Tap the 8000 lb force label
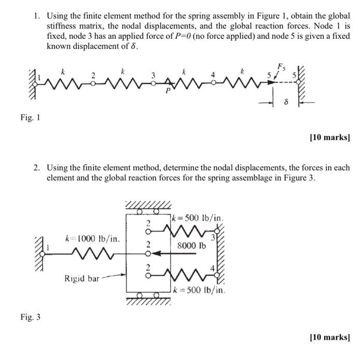pyautogui.click(x=191, y=245)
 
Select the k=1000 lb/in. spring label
pyautogui.click(x=93, y=239)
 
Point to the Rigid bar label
pyautogui.click(x=81, y=279)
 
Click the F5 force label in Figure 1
pyautogui.click(x=281, y=66)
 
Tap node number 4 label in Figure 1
pyautogui.click(x=212, y=75)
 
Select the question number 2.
pyautogui.click(x=37, y=168)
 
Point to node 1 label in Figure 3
pyautogui.click(x=47, y=248)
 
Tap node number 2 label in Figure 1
pyautogui.click(x=93, y=76)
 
